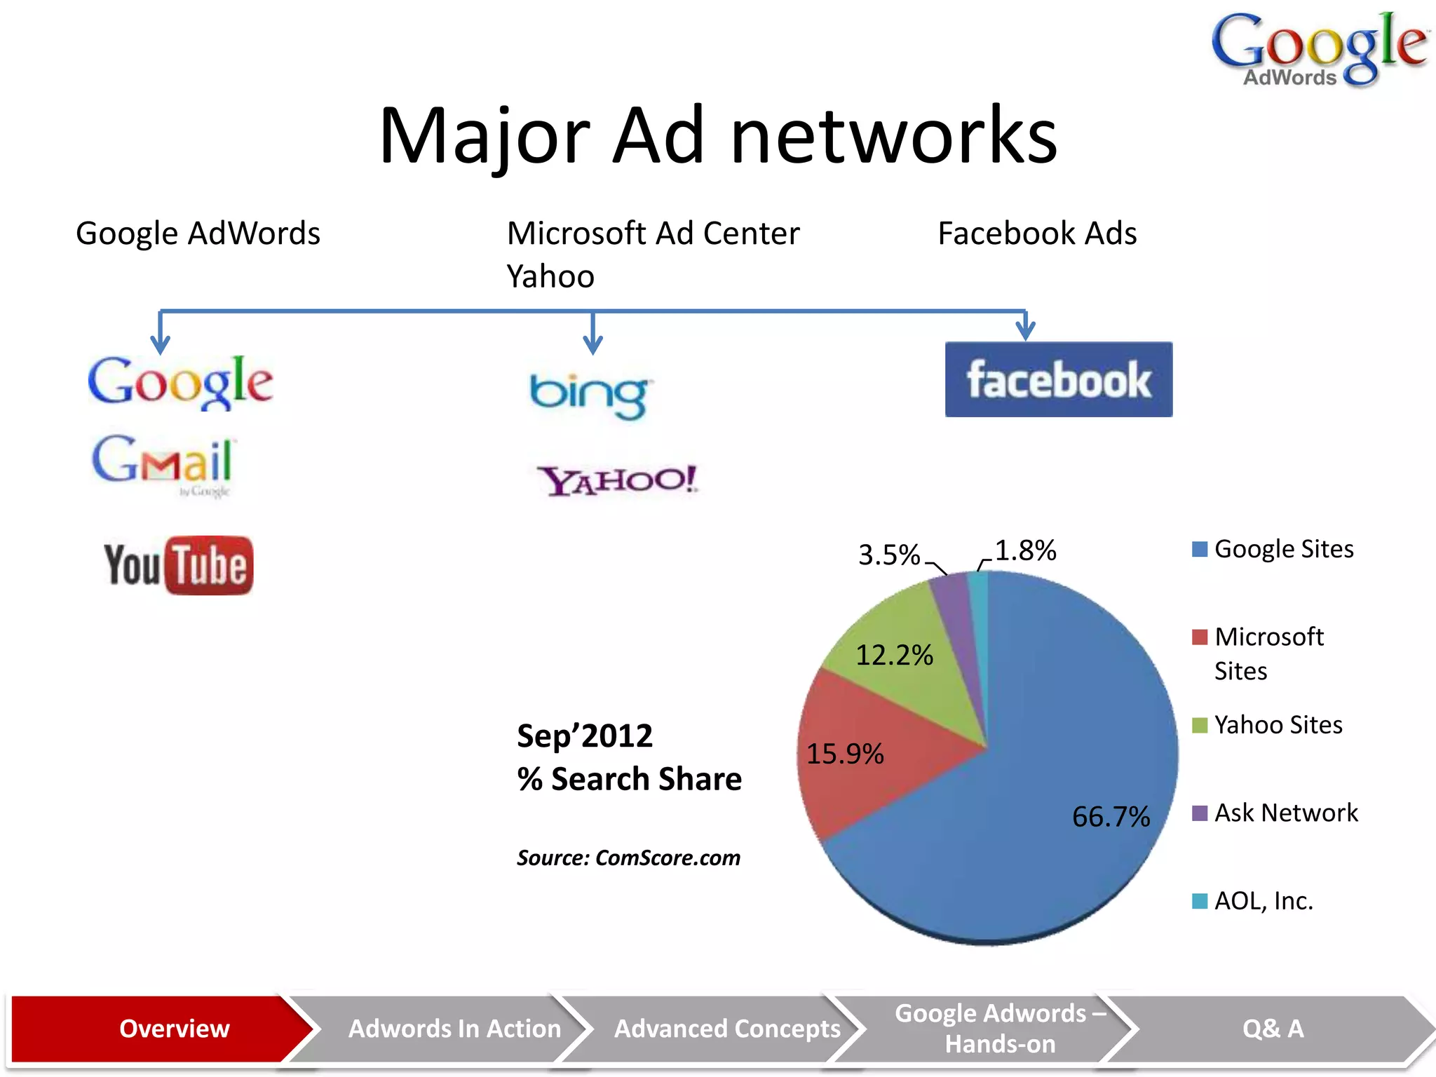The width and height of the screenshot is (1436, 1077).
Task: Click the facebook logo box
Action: pyautogui.click(x=1058, y=379)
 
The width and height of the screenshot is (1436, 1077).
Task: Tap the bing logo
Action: pyautogui.click(x=589, y=395)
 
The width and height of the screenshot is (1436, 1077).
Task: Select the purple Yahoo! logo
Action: pyautogui.click(x=618, y=480)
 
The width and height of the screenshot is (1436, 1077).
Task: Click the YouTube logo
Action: pyautogui.click(x=179, y=565)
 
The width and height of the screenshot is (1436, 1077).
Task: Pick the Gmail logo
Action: pyautogui.click(x=163, y=463)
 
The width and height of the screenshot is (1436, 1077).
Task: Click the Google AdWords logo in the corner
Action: pyautogui.click(x=1318, y=49)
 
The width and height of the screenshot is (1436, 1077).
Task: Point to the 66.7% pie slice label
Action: pyautogui.click(x=1111, y=817)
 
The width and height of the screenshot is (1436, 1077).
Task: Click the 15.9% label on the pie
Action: pyautogui.click(x=845, y=754)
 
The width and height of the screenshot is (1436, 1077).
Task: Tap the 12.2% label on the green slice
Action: pyautogui.click(x=894, y=655)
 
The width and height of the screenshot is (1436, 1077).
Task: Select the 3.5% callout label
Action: pyautogui.click(x=888, y=555)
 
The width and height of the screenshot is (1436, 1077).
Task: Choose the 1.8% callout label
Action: pyautogui.click(x=1025, y=550)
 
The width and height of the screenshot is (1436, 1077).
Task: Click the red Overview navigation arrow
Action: pyautogui.click(x=161, y=1029)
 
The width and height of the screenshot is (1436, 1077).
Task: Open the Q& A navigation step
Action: pyautogui.click(x=1273, y=1029)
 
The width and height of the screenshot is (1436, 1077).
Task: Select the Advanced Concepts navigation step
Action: pyautogui.click(x=726, y=1029)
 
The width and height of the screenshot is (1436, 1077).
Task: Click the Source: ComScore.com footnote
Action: pyautogui.click(x=628, y=858)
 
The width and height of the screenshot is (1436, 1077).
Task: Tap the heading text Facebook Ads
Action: pyautogui.click(x=1037, y=233)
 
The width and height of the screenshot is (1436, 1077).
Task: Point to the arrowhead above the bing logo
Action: pyautogui.click(x=593, y=344)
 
